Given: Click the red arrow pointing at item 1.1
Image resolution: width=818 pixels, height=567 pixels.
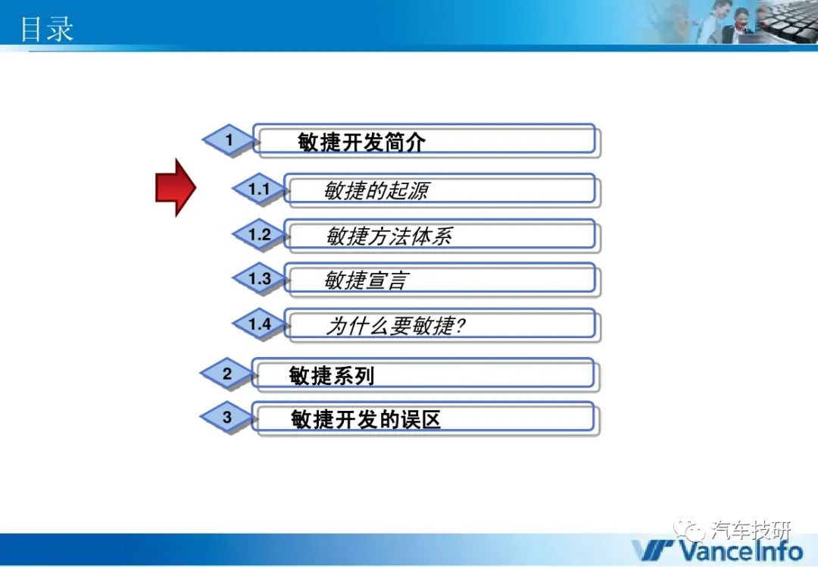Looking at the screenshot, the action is pyautogui.click(x=176, y=187).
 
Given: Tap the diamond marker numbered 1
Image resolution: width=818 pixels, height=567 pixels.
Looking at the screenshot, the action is pyautogui.click(x=229, y=140).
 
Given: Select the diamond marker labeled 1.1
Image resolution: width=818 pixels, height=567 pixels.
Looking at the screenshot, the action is pyautogui.click(x=259, y=189).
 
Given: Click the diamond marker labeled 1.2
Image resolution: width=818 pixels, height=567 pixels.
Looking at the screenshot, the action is pyautogui.click(x=259, y=234).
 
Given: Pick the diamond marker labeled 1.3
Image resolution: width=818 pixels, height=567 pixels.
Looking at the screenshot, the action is pyautogui.click(x=259, y=278).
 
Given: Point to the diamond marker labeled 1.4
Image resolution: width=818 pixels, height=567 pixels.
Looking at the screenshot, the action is pyautogui.click(x=259, y=324).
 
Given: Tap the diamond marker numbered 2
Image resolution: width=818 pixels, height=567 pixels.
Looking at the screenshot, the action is pyautogui.click(x=227, y=374).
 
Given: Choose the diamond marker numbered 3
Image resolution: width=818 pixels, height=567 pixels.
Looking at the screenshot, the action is pyautogui.click(x=227, y=417).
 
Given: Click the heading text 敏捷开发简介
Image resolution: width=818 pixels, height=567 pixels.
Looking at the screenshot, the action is pyautogui.click(x=361, y=142).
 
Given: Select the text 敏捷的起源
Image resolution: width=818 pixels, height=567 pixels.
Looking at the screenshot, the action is pyautogui.click(x=376, y=190).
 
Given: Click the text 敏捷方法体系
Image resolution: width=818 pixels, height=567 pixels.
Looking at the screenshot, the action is pyautogui.click(x=389, y=236).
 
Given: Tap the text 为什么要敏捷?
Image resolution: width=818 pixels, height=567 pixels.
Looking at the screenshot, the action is pyautogui.click(x=395, y=326).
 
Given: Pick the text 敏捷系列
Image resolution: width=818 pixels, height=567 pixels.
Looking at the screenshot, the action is pyautogui.click(x=331, y=375).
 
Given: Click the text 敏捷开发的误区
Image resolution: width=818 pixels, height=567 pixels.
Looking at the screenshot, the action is pyautogui.click(x=365, y=418).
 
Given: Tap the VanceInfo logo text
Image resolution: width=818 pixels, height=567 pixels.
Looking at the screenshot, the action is pyautogui.click(x=717, y=550).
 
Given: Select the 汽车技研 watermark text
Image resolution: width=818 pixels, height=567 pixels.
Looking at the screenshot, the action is pyautogui.click(x=751, y=531).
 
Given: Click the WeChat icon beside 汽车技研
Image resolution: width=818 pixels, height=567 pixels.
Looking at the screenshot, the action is pyautogui.click(x=688, y=529).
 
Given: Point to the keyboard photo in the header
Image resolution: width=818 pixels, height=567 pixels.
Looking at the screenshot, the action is pyautogui.click(x=788, y=21).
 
